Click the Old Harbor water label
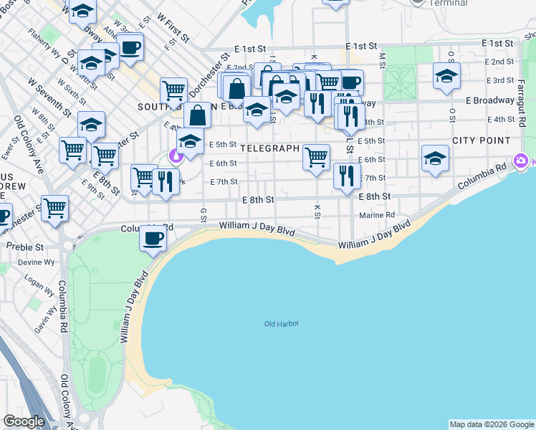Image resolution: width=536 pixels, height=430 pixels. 281,324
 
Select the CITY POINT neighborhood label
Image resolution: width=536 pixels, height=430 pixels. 481,140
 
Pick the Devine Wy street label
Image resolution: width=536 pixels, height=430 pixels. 31,263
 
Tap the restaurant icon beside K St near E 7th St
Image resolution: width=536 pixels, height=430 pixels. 347,176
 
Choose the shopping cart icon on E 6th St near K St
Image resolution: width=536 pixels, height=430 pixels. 316,157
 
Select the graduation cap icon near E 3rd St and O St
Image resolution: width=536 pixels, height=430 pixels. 446,76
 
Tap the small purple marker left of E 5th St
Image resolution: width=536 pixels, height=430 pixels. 174,155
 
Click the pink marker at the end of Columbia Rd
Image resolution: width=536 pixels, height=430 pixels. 518,161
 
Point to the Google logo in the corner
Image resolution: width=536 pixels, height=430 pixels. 23,421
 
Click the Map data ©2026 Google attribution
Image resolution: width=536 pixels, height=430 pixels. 491,424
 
